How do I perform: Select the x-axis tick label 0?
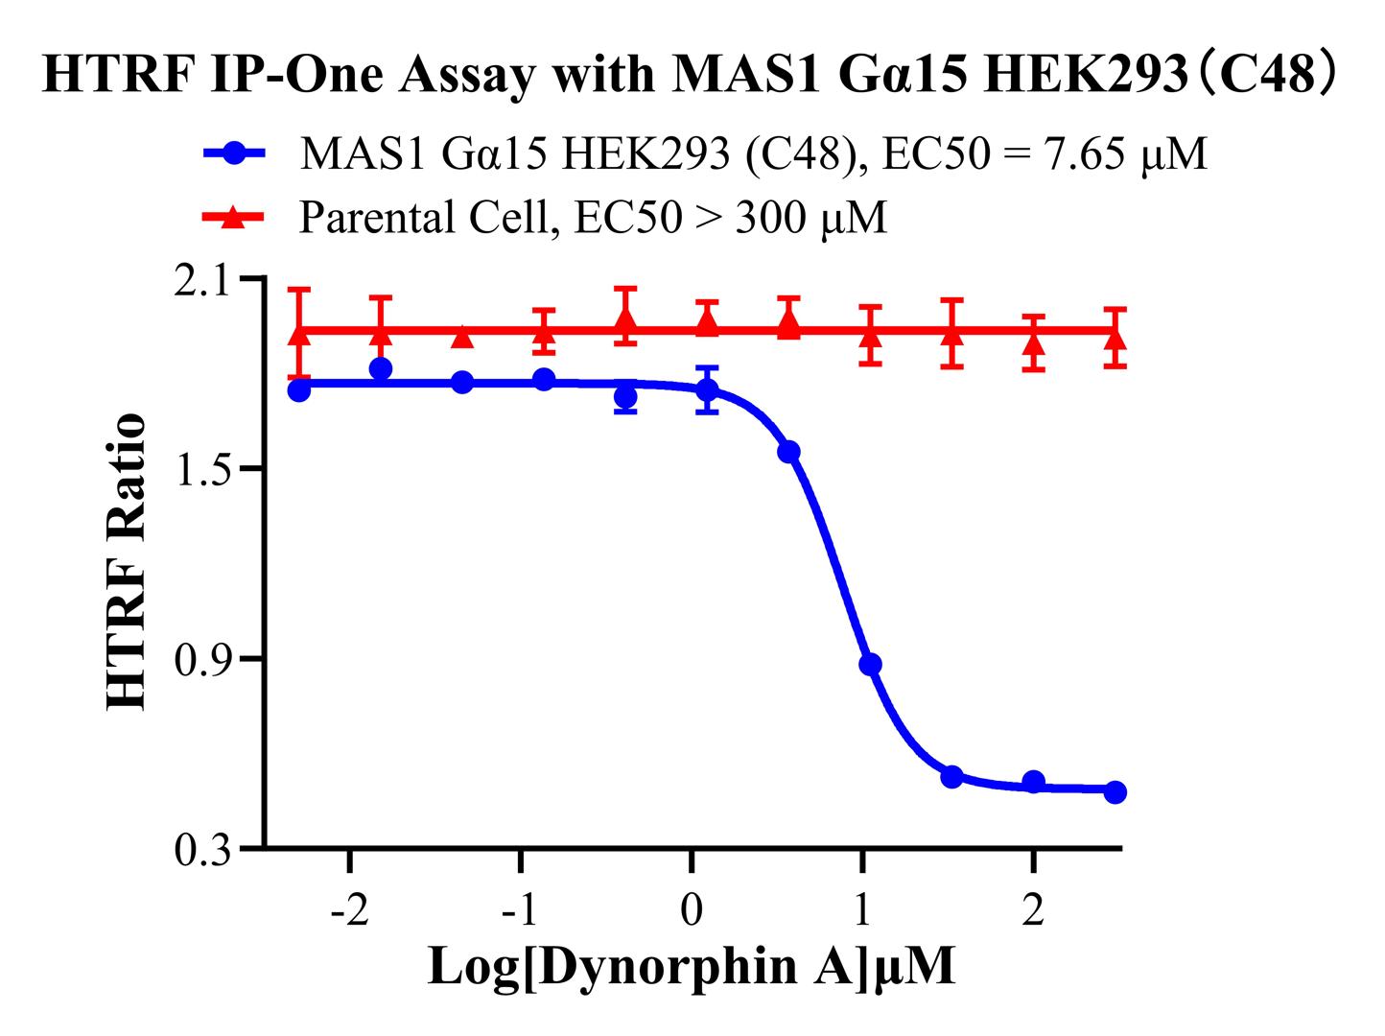point(692,910)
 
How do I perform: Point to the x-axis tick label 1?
point(862,910)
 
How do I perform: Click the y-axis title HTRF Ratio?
point(128,562)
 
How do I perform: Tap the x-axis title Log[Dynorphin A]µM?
point(692,967)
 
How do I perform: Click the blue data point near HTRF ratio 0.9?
point(870,665)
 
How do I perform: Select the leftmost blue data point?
point(299,390)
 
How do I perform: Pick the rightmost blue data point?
point(1115,792)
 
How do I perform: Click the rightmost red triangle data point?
point(1115,338)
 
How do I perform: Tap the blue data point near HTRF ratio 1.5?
point(789,452)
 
